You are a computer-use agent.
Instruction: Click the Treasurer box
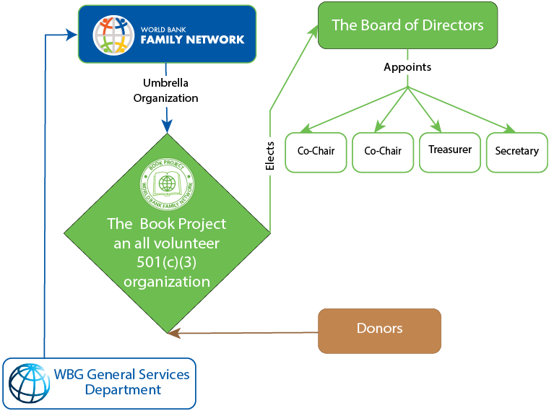point(450,152)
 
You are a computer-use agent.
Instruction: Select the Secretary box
point(516,152)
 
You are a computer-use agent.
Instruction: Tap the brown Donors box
point(379,330)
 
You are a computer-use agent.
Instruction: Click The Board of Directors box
point(407,26)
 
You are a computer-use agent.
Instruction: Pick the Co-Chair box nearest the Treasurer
point(383,152)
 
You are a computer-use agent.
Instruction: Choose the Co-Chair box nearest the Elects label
point(316,152)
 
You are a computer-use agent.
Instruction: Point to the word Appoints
point(407,67)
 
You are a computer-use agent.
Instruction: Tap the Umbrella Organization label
point(166,90)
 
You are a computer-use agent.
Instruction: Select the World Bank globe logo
point(30,381)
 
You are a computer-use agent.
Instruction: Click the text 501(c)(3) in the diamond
point(167,262)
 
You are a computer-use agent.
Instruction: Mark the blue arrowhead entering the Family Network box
point(72,33)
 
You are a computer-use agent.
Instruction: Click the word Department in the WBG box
point(123,390)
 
